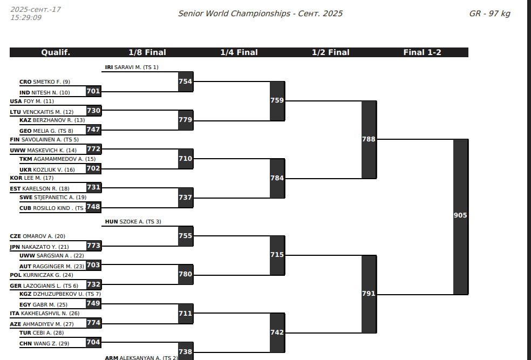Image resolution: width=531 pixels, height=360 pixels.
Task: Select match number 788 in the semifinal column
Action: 369,139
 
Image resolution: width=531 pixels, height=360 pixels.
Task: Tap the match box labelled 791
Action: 369,294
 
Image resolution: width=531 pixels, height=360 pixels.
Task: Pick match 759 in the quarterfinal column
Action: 277,100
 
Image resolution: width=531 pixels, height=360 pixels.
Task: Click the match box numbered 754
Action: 185,81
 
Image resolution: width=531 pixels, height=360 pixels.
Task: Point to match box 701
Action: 93,91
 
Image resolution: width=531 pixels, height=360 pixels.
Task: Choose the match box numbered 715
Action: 277,255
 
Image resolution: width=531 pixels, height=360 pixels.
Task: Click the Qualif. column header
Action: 56,52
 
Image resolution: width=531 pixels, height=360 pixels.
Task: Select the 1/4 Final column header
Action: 239,52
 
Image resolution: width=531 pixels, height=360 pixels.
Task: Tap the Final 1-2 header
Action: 422,52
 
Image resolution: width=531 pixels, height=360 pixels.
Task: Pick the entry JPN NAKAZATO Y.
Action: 40,247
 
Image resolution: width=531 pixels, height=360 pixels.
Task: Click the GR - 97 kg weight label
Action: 489,13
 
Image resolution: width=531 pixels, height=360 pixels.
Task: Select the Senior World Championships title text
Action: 260,13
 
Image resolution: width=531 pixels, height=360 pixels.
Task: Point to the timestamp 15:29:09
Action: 26,18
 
